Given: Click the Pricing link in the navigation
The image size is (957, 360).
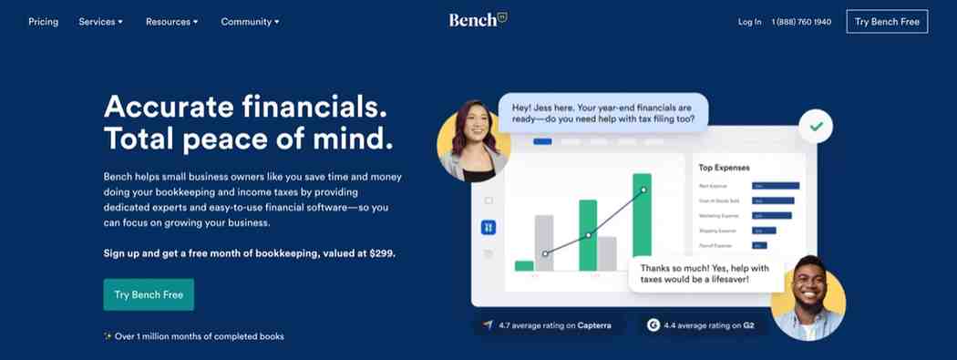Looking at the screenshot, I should [43, 22].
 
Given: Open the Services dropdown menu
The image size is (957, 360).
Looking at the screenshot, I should [100, 22].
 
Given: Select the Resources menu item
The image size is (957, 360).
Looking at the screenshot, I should [171, 22].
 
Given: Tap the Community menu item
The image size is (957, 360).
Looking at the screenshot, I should [250, 22].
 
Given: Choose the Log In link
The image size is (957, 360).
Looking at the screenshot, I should [749, 22].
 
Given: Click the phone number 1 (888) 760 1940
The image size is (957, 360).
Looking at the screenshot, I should [801, 22].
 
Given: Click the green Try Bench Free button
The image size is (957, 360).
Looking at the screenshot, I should [149, 294].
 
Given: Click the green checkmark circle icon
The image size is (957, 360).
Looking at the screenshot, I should [816, 127].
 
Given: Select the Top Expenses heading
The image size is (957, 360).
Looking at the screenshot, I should [724, 168].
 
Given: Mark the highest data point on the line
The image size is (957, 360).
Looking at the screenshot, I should [643, 190].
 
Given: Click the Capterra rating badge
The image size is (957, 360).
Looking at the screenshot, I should [548, 325].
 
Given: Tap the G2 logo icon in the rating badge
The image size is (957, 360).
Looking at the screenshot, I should [653, 325].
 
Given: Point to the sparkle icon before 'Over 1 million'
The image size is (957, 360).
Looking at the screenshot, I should [108, 336].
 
